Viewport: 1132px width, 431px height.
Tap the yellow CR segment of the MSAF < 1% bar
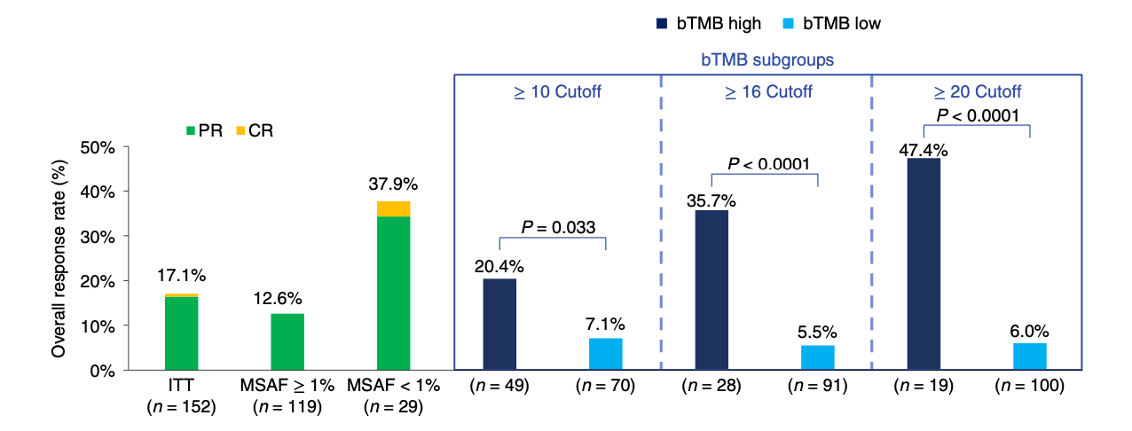click(393, 208)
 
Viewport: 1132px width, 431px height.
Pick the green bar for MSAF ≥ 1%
click(287, 341)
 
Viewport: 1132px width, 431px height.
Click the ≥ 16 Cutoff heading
click(766, 91)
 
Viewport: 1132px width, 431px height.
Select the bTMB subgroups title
click(767, 60)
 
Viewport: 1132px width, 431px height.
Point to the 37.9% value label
click(393, 185)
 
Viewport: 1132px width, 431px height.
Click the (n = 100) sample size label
click(1029, 386)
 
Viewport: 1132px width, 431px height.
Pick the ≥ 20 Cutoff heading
click(977, 91)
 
